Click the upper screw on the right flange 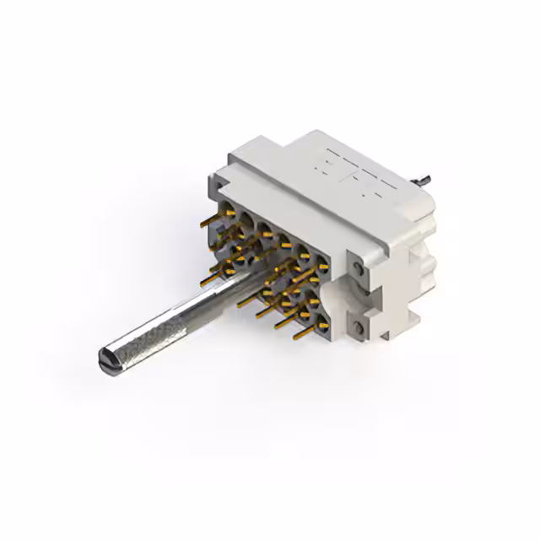[x=359, y=269]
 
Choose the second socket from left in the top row [x=246, y=218]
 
